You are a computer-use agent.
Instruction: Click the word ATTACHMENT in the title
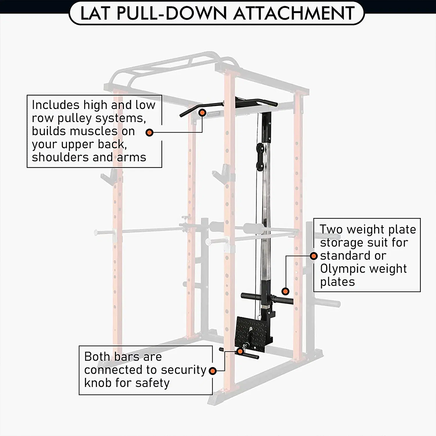294,13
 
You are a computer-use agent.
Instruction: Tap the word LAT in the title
94,13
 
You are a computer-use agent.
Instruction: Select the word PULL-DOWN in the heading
171,13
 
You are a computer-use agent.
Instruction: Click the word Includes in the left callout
56,105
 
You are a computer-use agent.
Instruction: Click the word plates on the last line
337,282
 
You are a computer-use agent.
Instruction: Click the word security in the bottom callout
184,370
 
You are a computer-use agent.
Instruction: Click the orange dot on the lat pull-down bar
202,112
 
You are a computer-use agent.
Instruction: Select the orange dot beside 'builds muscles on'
150,133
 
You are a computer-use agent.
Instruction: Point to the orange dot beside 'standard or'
313,256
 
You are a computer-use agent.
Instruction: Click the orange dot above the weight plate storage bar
285,291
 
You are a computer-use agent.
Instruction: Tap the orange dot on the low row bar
240,351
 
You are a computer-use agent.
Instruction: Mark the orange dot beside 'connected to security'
213,371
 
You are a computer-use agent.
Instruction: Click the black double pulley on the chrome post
260,157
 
